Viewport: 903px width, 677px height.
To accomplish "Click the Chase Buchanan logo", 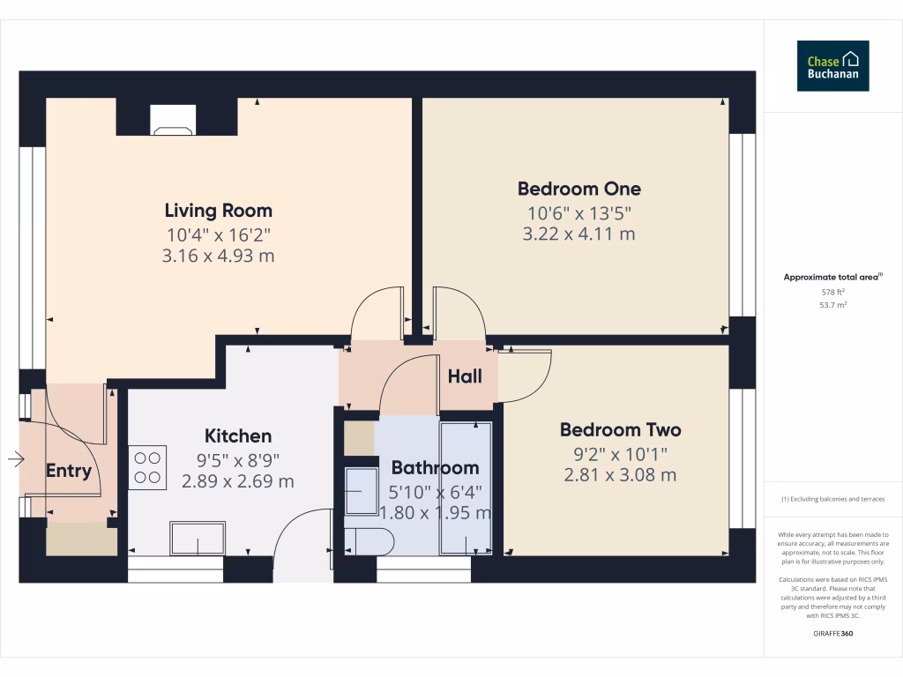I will pyautogui.click(x=832, y=65).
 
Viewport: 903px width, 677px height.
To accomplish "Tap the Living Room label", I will pyautogui.click(x=219, y=211).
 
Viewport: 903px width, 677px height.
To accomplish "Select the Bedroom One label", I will pyautogui.click(x=578, y=189).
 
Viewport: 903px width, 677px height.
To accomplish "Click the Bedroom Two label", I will pyautogui.click(x=620, y=430).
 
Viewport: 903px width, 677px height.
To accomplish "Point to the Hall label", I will pyautogui.click(x=465, y=376).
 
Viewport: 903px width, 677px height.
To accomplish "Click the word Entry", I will pyautogui.click(x=68, y=471).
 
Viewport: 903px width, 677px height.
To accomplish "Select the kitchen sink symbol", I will pyautogui.click(x=198, y=538).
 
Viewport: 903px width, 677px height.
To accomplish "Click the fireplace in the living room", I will pyautogui.click(x=172, y=120).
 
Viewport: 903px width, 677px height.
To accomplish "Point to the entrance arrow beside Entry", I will pyautogui.click(x=16, y=458).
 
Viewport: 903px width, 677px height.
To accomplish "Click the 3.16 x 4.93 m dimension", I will pyautogui.click(x=219, y=257).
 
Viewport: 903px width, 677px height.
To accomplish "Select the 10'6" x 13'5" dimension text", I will pyautogui.click(x=578, y=212).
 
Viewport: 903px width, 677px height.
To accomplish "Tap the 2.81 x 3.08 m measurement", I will pyautogui.click(x=620, y=475).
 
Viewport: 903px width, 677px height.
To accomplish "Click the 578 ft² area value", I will pyautogui.click(x=832, y=291).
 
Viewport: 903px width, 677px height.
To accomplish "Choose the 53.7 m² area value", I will pyautogui.click(x=832, y=304).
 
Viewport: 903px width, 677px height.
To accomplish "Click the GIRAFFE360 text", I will pyautogui.click(x=832, y=634).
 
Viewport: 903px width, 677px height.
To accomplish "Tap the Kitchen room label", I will pyautogui.click(x=238, y=436).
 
